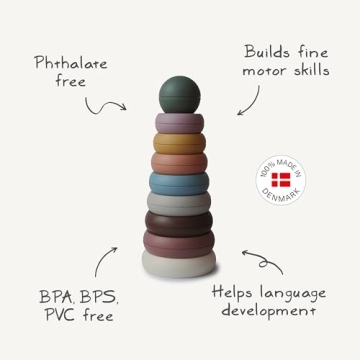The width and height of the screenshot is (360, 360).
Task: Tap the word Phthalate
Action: point(70,63)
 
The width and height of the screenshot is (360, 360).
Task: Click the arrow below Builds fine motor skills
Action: point(248,100)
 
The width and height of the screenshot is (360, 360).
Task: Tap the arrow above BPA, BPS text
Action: point(104,262)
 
